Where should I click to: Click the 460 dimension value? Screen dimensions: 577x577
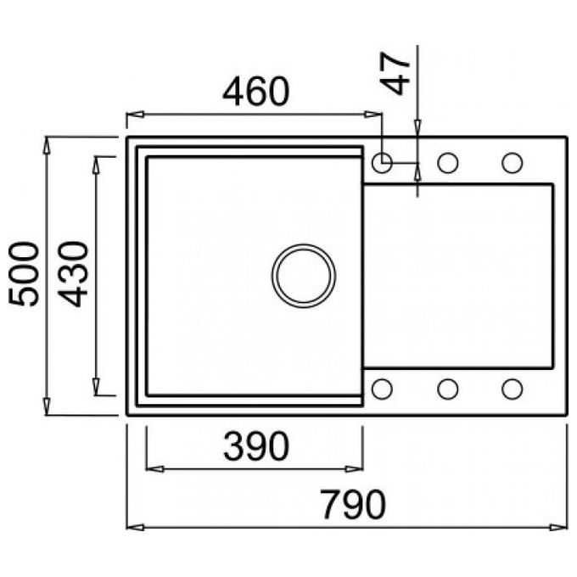click(x=256, y=92)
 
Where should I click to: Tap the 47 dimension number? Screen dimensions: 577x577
click(x=395, y=74)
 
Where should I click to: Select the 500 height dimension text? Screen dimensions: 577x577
click(x=24, y=274)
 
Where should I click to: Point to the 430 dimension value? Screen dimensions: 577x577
click(x=73, y=274)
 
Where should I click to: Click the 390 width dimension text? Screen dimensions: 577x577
click(x=256, y=446)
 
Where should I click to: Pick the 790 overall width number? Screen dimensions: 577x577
click(x=353, y=504)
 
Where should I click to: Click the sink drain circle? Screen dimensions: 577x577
click(x=304, y=276)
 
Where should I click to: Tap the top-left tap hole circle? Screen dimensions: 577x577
click(x=383, y=162)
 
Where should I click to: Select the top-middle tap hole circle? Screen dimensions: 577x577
click(x=448, y=162)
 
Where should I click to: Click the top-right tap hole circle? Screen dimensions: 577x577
click(x=513, y=162)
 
